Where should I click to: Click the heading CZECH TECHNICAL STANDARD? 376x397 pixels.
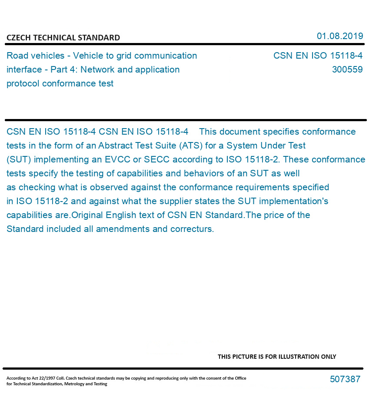pyautogui.click(x=63, y=38)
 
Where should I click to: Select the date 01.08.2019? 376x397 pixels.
pyautogui.click(x=339, y=36)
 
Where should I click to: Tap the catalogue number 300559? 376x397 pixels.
pyautogui.click(x=347, y=69)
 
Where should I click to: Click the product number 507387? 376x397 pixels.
pyautogui.click(x=345, y=379)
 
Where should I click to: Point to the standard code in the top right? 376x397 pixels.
pyautogui.click(x=318, y=56)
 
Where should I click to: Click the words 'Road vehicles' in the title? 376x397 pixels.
pyautogui.click(x=35, y=56)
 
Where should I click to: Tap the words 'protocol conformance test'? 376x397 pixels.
pyautogui.click(x=60, y=83)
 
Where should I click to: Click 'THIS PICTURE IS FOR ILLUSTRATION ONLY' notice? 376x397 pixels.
pyautogui.click(x=277, y=357)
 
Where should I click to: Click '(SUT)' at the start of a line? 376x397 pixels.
pyautogui.click(x=19, y=159)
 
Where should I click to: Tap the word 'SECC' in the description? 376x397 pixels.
pyautogui.click(x=160, y=159)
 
